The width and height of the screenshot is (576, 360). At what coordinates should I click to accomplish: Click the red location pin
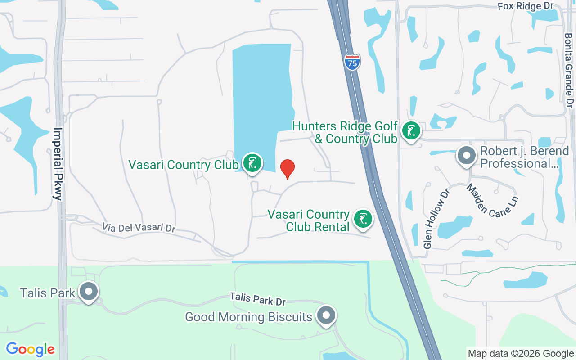288,169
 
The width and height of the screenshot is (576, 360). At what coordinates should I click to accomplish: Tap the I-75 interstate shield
352,62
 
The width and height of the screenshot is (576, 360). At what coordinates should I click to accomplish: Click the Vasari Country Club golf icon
252,163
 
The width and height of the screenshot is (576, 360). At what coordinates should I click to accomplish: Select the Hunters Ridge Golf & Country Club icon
410,131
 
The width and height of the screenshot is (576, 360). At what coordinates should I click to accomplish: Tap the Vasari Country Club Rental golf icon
363,219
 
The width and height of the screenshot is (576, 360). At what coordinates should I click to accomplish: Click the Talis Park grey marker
89,292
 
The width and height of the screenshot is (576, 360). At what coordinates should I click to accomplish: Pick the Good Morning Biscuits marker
326,316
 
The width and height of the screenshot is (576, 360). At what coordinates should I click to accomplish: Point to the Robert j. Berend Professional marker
467,156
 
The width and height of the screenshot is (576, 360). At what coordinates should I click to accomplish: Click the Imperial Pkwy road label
58,164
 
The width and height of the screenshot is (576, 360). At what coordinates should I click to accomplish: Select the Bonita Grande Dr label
569,70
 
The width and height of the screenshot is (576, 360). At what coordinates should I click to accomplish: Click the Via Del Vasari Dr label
139,227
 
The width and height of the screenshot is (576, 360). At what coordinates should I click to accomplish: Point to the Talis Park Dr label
258,298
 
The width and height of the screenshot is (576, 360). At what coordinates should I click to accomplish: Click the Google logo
30,349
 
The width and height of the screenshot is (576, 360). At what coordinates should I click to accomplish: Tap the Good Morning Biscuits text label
248,317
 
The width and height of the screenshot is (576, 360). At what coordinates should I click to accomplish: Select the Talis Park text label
48,293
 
